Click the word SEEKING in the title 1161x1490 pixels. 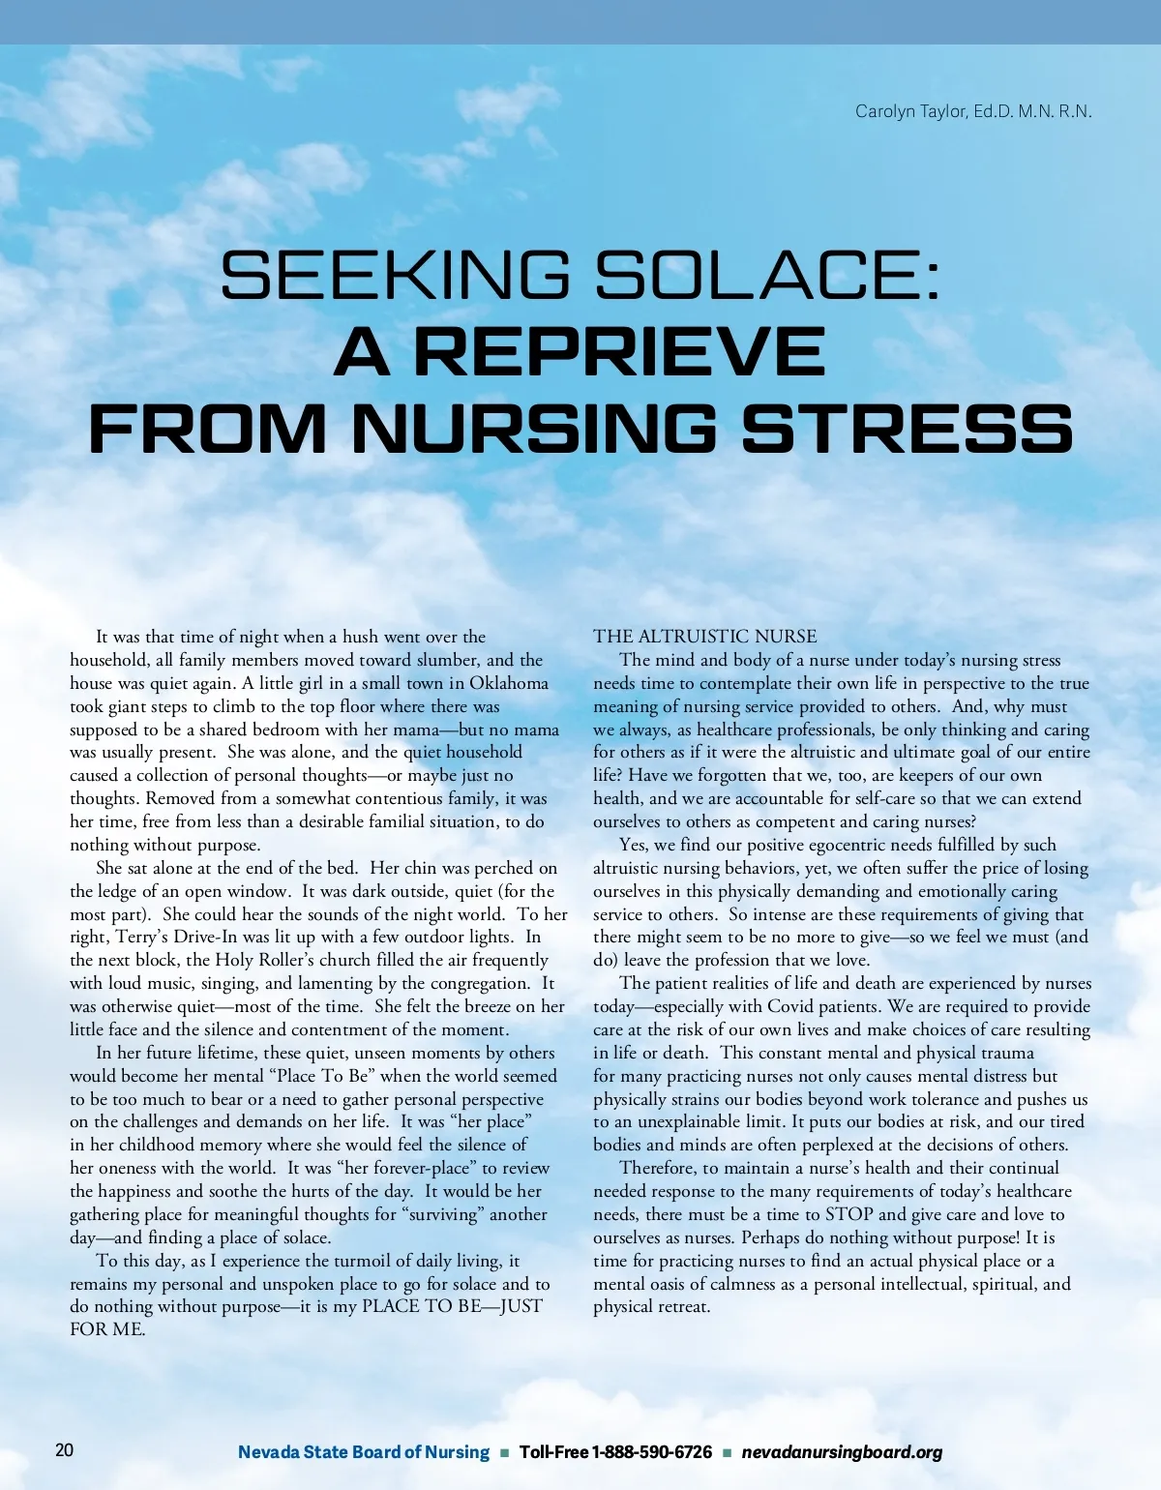[395, 275]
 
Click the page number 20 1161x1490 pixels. [64, 1449]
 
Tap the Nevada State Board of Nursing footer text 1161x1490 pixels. [364, 1452]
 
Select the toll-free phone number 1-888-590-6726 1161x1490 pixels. [651, 1452]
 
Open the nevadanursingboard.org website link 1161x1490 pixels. [842, 1452]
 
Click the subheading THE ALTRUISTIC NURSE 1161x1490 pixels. [704, 637]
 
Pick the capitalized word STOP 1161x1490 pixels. [850, 1214]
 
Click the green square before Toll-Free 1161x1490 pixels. [504, 1452]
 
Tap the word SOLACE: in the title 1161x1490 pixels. [767, 275]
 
